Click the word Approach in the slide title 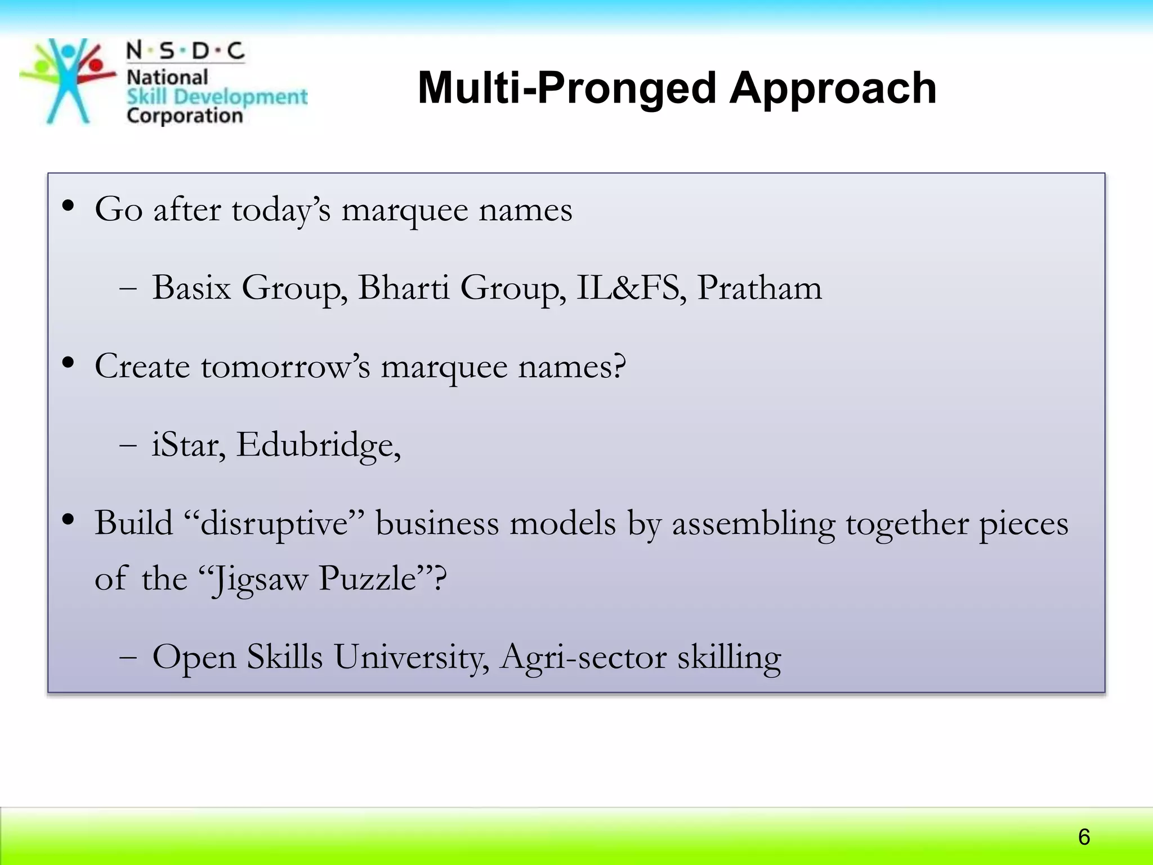[833, 89]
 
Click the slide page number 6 [1084, 837]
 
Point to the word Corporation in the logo [185, 115]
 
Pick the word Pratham [759, 288]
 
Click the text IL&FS [631, 288]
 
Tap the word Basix [191, 288]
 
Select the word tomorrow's [285, 367]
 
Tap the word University [411, 657]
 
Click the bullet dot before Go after [68, 206]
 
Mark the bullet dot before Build [68, 520]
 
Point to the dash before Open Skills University [128, 658]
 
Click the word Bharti [403, 288]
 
